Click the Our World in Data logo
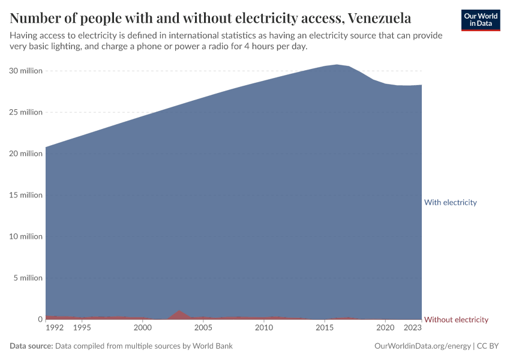tap(481, 20)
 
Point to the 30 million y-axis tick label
tap(26, 71)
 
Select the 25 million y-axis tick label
tap(26, 112)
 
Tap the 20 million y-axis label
tap(26, 154)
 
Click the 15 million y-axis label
tap(26, 195)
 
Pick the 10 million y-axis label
tap(26, 236)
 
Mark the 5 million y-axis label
tap(28, 278)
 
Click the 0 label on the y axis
tap(40, 319)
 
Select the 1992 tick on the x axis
tap(55, 328)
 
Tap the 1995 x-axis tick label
tap(82, 328)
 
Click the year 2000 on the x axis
tap(142, 328)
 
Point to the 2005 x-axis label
tap(203, 328)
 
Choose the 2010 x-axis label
tap(264, 328)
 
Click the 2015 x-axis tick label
tap(325, 328)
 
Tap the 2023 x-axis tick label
tap(413, 328)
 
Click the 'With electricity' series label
tap(450, 202)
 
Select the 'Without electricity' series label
tap(456, 319)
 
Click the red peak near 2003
tap(179, 314)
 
